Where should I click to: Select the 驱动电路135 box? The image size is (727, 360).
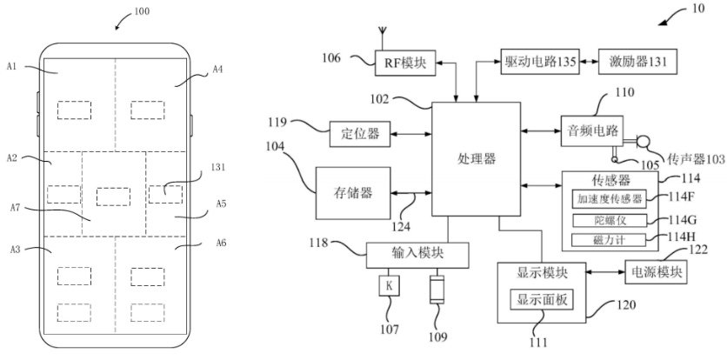pyautogui.click(x=540, y=63)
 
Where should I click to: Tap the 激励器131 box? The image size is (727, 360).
pyautogui.click(x=637, y=63)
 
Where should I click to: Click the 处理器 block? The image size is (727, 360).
pyautogui.click(x=476, y=159)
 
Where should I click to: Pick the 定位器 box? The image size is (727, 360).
pyautogui.click(x=360, y=134)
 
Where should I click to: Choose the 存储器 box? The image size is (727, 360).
pyautogui.click(x=353, y=192)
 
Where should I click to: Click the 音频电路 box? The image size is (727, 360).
pyautogui.click(x=594, y=131)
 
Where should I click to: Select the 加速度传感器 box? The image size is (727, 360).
pyautogui.click(x=610, y=199)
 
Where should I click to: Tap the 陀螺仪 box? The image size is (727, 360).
pyautogui.click(x=610, y=219)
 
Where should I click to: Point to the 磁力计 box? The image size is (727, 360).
pyautogui.click(x=610, y=239)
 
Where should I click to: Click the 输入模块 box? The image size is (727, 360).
pyautogui.click(x=417, y=254)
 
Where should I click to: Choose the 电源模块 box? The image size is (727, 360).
pyautogui.click(x=655, y=272)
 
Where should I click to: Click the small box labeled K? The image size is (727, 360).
pyautogui.click(x=390, y=286)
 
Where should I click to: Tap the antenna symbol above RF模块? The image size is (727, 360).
pyautogui.click(x=381, y=37)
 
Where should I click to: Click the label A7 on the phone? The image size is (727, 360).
pyautogui.click(x=16, y=207)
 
